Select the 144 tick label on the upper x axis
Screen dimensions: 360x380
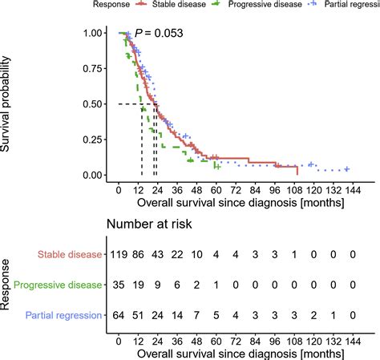pyautogui.click(x=354, y=191)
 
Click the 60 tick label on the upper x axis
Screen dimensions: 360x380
pyautogui.click(x=216, y=191)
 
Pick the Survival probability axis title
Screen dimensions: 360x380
pyautogui.click(x=11, y=105)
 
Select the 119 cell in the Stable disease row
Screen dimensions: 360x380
pyautogui.click(x=118, y=254)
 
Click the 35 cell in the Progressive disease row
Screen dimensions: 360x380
pyautogui.click(x=119, y=285)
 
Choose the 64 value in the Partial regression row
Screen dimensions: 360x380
pyautogui.click(x=119, y=315)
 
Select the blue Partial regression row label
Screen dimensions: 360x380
pyautogui.click(x=62, y=315)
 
